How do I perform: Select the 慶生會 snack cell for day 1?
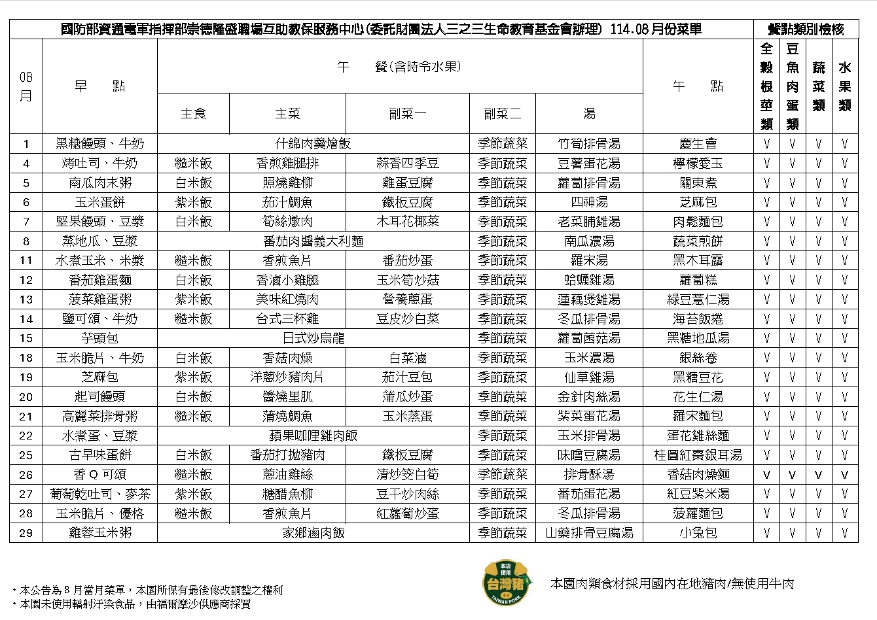(698, 144)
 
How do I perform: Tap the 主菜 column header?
(287, 114)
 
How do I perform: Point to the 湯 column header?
(589, 114)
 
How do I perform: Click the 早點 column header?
(99, 86)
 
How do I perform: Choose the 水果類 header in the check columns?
(844, 86)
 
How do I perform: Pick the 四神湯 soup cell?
(589, 202)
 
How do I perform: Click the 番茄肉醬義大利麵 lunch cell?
(313, 241)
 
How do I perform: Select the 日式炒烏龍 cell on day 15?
(313, 338)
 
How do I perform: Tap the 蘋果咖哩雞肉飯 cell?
(313, 436)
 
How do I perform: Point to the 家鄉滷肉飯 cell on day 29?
(313, 533)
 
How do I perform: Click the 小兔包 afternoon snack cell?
(698, 533)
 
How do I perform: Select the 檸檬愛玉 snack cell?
(698, 164)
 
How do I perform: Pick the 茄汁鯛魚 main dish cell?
(287, 202)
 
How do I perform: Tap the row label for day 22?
(26, 436)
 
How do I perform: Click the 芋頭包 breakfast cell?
(99, 338)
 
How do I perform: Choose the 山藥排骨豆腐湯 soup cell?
(589, 533)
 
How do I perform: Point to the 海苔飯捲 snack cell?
(698, 319)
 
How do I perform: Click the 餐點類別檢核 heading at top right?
(805, 29)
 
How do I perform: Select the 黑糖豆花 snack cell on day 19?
(698, 377)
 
